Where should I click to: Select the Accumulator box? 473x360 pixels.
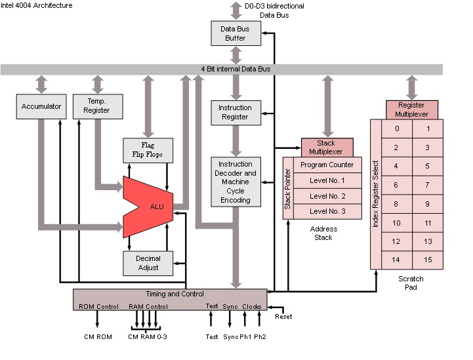(x=41, y=106)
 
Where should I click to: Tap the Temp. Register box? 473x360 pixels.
(x=97, y=106)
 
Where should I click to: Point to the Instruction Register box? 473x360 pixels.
(x=235, y=112)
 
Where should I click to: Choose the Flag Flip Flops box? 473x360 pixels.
(x=148, y=150)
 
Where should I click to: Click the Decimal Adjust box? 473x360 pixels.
(x=148, y=263)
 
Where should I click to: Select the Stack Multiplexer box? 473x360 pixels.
(x=326, y=148)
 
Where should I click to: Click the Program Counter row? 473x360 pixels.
(x=327, y=165)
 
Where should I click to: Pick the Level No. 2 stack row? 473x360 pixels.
(x=327, y=196)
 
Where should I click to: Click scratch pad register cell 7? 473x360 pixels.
(x=428, y=186)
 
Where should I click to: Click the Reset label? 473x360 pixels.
(x=283, y=317)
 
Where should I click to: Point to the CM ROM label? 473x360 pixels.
(x=96, y=337)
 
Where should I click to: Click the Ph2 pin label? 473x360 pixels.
(x=261, y=337)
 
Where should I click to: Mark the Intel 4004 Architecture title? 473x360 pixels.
(x=37, y=5)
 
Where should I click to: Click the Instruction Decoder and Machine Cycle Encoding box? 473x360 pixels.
(x=235, y=182)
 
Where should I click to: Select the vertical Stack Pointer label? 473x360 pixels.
(x=287, y=188)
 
